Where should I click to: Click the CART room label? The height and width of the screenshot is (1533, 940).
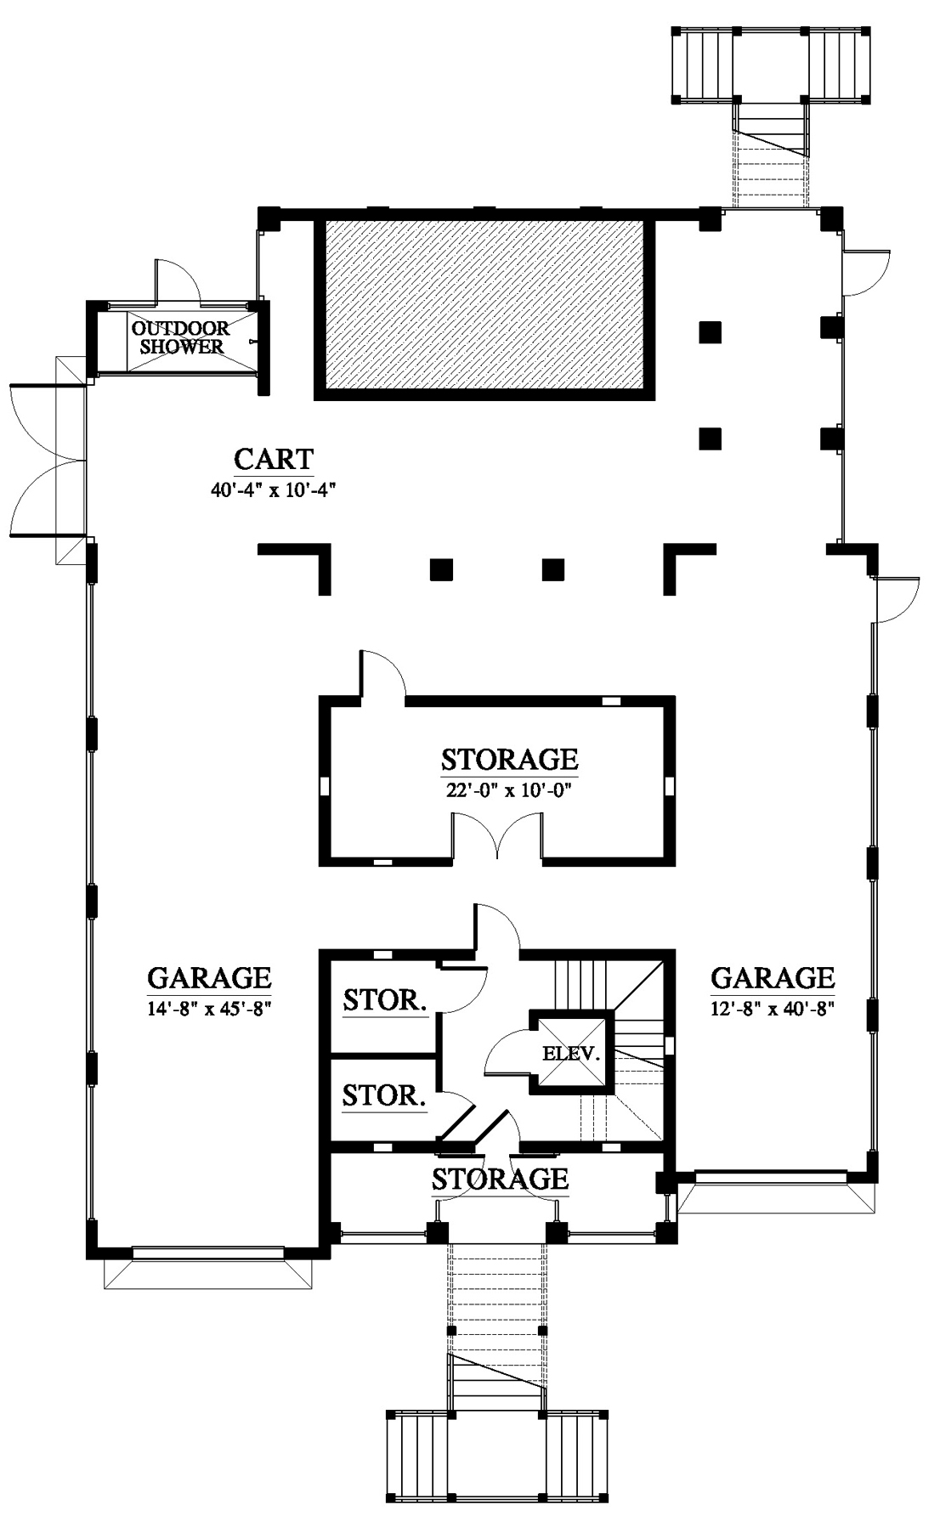click(274, 459)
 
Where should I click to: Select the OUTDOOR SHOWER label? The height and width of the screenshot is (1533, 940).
click(181, 337)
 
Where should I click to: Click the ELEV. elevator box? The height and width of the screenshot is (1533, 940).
click(571, 1053)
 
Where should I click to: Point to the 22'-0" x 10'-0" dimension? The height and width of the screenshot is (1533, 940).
click(509, 789)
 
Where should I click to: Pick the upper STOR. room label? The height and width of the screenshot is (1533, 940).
click(385, 1000)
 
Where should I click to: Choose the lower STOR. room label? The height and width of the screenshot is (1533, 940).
click(384, 1095)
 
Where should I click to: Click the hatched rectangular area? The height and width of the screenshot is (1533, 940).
click(484, 309)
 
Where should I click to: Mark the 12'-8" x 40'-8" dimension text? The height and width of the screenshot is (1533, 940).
click(773, 1009)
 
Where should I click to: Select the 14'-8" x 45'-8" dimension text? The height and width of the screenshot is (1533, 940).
click(209, 1009)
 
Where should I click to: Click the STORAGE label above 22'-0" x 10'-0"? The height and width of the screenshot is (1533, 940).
click(509, 758)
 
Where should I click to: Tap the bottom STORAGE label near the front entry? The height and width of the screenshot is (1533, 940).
click(500, 1179)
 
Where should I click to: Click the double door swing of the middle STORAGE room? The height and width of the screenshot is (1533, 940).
click(497, 837)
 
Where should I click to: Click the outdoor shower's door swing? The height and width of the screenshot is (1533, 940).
click(177, 280)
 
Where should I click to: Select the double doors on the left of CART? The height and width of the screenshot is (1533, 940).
click(47, 460)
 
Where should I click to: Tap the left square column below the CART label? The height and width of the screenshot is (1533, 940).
click(440, 569)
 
